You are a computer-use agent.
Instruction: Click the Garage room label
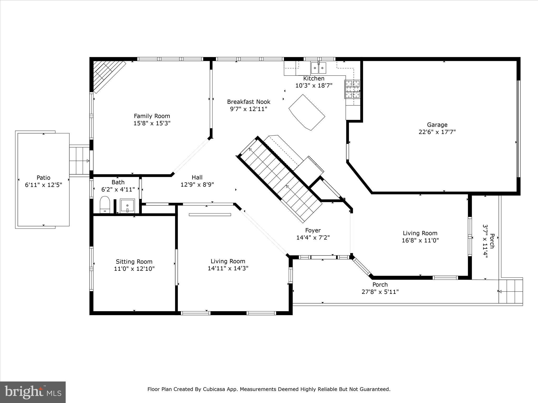[x=437, y=125]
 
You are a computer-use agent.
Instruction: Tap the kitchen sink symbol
[x=318, y=68]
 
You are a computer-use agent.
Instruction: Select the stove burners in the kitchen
[x=352, y=89]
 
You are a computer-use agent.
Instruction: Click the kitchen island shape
[x=307, y=112]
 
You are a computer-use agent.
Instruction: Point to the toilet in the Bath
[x=105, y=205]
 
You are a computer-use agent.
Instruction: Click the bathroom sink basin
[x=127, y=206]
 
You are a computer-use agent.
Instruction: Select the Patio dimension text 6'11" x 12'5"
[x=43, y=185]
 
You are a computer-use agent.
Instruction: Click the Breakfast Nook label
[x=249, y=102]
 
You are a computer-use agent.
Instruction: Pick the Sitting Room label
[x=134, y=262]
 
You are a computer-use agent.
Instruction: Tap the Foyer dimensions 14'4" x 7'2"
[x=313, y=238]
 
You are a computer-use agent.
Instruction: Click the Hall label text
[x=197, y=177]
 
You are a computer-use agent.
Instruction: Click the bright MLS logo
[x=33, y=392]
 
